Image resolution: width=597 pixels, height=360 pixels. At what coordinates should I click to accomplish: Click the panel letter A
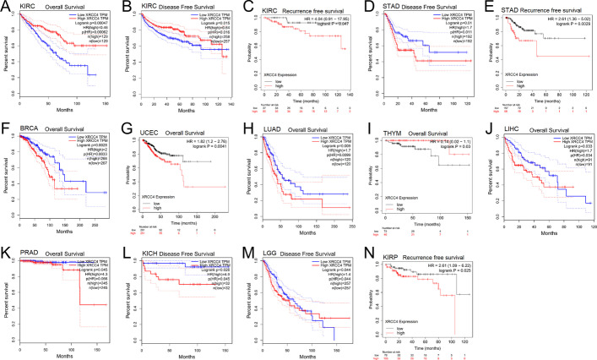tap(5, 7)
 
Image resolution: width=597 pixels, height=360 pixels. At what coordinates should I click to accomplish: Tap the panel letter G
tap(124, 128)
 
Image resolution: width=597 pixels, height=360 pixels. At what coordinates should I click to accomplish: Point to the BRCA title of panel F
tap(30, 129)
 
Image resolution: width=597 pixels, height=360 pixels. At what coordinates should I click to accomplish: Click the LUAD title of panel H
tap(271, 129)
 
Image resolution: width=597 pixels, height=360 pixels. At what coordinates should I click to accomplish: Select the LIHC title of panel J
tap(507, 129)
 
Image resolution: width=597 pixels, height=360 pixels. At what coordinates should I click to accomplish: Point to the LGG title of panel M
tap(269, 251)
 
